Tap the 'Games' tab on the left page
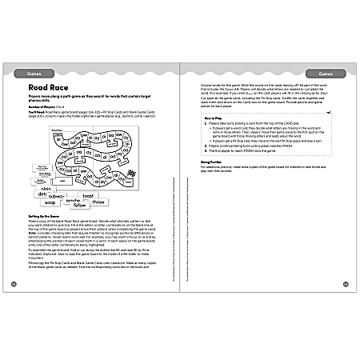point(34,60)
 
